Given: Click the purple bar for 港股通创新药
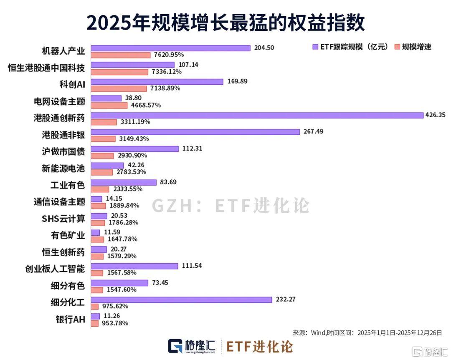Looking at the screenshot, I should point(257,115).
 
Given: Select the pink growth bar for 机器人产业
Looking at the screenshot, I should point(121,55).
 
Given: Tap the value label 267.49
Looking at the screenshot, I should point(314,131).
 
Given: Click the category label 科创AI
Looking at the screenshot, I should point(72,85).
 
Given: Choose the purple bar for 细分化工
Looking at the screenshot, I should point(182,300).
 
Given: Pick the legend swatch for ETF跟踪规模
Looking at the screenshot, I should point(315,47).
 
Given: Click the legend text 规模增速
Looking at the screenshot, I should point(416,47).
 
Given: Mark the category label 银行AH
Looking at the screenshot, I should point(70,320).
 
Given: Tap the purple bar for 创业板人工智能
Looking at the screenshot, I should point(134,266).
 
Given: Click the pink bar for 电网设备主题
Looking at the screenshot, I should point(109,105).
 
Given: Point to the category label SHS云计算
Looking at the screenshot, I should point(63,219).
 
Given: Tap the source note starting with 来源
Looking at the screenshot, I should point(367,332).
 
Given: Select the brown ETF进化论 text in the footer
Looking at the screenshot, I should point(259,346).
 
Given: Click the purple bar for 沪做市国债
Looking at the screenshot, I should point(134,149).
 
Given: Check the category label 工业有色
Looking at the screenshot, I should point(67,185).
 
